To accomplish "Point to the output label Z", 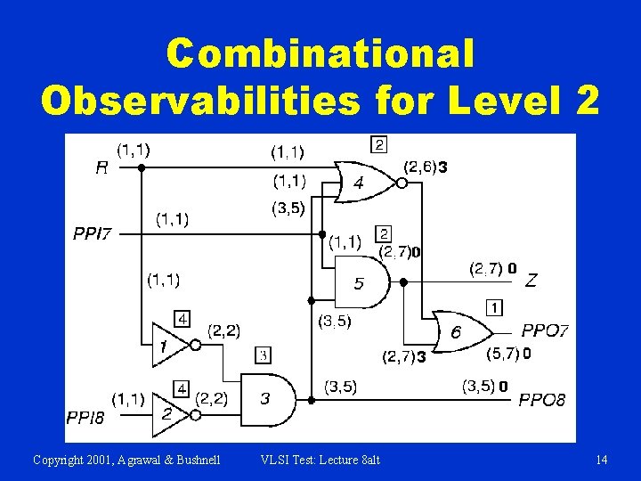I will point(531,281).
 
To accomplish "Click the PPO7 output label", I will point(545,330).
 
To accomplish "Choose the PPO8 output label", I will point(542,400).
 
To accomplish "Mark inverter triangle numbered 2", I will point(167,413).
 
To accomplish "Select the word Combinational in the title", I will point(320,54).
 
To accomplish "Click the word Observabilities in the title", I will point(201,102).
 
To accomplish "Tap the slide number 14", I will point(602,460).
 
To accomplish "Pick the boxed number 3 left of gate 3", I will point(264,355).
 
